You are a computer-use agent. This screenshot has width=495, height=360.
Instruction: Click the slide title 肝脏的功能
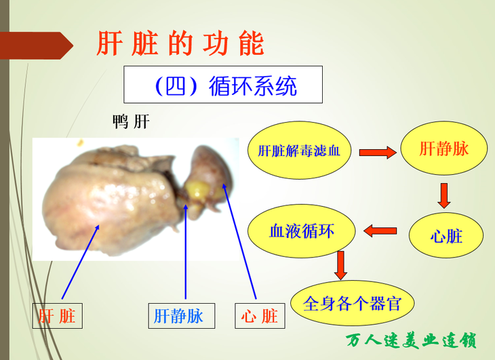tap(180, 43)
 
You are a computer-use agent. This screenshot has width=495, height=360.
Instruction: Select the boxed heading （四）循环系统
tap(223, 85)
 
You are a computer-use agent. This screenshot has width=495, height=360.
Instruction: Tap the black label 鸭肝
tap(131, 121)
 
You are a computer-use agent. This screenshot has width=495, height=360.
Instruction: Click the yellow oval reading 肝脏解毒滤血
tap(299, 151)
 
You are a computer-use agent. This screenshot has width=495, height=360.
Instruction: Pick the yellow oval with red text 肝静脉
tap(444, 148)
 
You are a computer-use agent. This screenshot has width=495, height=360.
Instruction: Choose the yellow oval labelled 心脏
tap(446, 235)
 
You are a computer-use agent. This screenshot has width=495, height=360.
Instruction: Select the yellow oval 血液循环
tap(302, 231)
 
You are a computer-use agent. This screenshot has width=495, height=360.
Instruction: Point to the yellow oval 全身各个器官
tap(353, 303)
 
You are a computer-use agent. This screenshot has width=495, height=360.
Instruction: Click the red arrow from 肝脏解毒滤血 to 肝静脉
tap(378, 153)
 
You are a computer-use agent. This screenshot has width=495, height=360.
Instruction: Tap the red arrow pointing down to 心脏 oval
tap(444, 196)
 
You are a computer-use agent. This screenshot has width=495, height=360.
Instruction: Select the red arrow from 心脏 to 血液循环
tap(380, 231)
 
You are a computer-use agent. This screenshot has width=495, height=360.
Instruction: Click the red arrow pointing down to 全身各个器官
tap(340, 265)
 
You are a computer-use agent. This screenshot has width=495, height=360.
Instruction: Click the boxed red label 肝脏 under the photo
tap(58, 316)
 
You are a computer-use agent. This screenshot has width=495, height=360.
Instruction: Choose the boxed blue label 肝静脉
tap(182, 316)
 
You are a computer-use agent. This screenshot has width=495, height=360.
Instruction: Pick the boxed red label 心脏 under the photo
tap(260, 316)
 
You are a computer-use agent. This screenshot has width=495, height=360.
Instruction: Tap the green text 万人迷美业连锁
tap(411, 340)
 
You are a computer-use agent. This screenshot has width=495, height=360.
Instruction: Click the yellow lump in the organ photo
tap(197, 190)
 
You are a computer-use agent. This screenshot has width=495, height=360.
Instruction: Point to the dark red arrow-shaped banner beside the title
tap(37, 45)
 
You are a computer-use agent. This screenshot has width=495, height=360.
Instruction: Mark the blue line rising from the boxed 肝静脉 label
tap(186, 252)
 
